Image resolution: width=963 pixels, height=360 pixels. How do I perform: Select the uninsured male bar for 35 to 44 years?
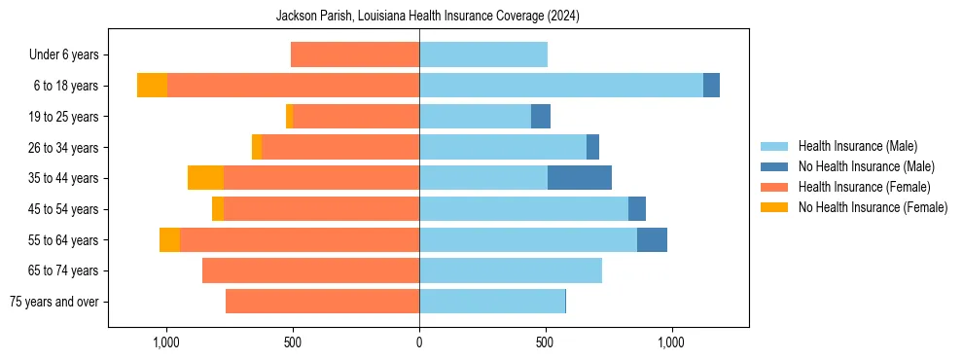click(580, 178)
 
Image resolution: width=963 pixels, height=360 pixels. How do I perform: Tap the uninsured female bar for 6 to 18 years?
click(152, 86)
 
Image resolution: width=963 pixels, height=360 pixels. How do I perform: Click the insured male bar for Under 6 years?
click(483, 54)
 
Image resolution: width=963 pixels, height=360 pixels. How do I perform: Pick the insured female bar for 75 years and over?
click(322, 302)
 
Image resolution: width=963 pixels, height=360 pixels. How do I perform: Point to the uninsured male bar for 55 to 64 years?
click(652, 239)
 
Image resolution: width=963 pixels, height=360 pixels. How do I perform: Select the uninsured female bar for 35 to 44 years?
click(205, 178)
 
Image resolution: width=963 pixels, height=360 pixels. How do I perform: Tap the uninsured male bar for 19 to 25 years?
click(541, 117)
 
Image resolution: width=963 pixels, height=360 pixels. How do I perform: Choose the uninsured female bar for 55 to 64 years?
click(169, 239)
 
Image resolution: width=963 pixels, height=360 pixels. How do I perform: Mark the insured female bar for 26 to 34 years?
click(340, 147)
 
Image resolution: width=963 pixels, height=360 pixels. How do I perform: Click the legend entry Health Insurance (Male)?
click(857, 146)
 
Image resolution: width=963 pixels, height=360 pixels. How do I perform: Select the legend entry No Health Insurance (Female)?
click(873, 207)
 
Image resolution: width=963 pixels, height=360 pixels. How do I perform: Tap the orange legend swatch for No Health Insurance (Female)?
click(774, 207)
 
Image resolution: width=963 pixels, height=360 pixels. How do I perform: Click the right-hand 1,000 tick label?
click(671, 342)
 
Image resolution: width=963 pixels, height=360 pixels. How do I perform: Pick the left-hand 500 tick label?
click(293, 342)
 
